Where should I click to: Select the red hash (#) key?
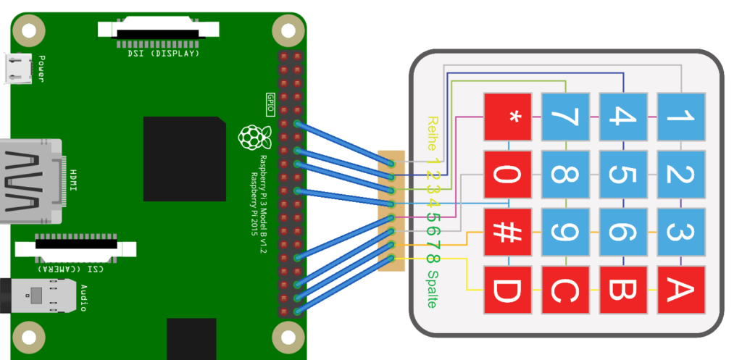point(507,233)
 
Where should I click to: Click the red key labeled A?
point(681,290)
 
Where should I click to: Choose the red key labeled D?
point(507,290)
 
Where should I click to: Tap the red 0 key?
point(507,175)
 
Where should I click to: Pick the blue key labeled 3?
point(681,233)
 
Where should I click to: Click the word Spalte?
point(433,289)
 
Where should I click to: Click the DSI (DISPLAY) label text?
point(163,54)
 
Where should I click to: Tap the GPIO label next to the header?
point(270,99)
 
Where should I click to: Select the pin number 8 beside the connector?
point(432,259)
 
